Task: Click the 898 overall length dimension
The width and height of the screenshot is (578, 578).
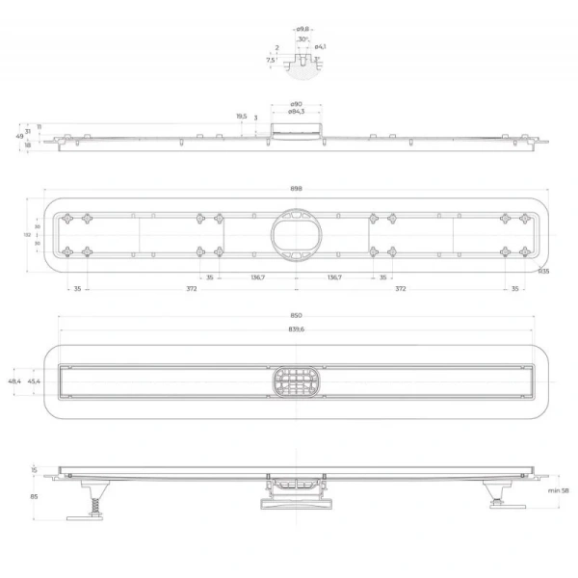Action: pyautogui.click(x=296, y=189)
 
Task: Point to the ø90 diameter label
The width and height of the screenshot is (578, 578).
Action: pyautogui.click(x=296, y=103)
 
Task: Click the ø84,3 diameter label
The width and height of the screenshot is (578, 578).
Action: pyautogui.click(x=296, y=112)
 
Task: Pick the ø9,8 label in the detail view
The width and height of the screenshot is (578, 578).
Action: pyautogui.click(x=302, y=29)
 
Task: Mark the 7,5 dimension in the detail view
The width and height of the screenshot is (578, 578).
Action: pyautogui.click(x=272, y=60)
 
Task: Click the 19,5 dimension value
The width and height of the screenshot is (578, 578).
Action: pyautogui.click(x=241, y=116)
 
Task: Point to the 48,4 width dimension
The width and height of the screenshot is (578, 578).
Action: pyautogui.click(x=13, y=381)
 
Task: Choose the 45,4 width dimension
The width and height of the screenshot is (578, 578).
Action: pyautogui.click(x=34, y=381)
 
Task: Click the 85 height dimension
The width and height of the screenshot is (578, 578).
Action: pyautogui.click(x=34, y=497)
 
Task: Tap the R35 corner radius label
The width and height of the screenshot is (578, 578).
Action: pyautogui.click(x=543, y=272)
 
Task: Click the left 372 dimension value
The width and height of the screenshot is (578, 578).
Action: pyautogui.click(x=192, y=289)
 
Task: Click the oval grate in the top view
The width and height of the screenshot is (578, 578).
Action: pyautogui.click(x=296, y=381)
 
